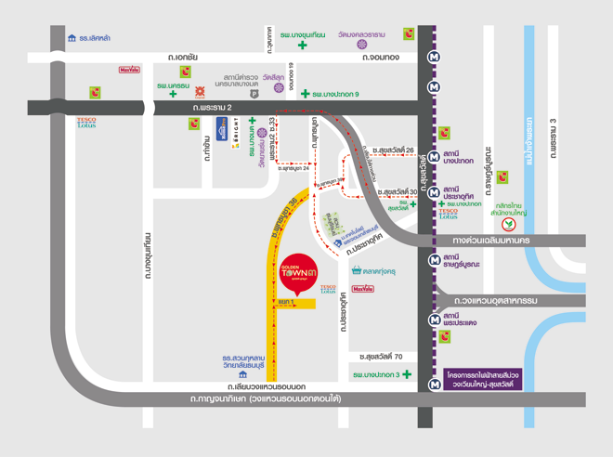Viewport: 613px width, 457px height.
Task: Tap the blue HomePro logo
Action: [223, 127]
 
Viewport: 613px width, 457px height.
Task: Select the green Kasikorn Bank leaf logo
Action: [508, 223]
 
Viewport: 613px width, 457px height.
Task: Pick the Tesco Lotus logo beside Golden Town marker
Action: [328, 290]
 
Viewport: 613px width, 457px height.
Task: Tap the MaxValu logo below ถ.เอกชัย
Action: [129, 70]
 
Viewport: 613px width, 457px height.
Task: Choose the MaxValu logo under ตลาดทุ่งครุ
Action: [363, 289]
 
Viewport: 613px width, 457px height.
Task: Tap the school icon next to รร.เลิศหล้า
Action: [72, 38]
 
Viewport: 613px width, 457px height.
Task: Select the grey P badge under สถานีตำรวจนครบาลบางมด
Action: [254, 94]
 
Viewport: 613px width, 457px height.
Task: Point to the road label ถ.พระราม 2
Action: [212, 108]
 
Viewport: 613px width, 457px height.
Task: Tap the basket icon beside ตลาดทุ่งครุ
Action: [357, 271]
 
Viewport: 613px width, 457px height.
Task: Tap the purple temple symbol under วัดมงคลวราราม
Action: [362, 44]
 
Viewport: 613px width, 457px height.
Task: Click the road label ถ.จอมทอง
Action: [381, 58]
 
